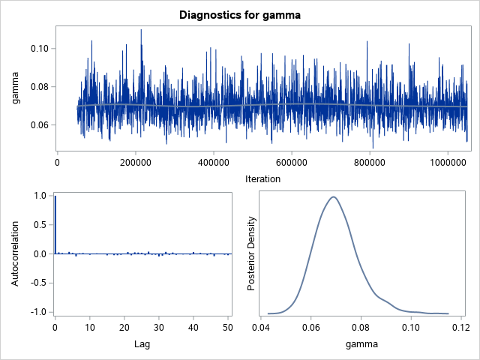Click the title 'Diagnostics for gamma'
pos(240,14)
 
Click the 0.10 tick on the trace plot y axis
pos(38,49)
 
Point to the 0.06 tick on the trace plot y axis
pos(38,125)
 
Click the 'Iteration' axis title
pos(262,179)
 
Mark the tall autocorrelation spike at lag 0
pos(55,225)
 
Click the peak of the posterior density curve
pos(332,197)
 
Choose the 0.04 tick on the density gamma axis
pos(262,328)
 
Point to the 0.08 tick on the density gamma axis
pos(361,328)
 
